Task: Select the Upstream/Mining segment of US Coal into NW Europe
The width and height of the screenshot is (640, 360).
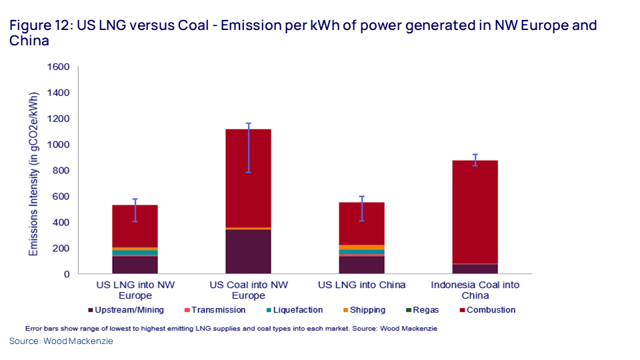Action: pyautogui.click(x=248, y=251)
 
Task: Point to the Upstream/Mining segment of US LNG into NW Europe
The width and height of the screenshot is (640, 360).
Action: pyautogui.click(x=135, y=265)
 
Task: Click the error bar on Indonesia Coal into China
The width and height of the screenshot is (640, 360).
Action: pyautogui.click(x=475, y=160)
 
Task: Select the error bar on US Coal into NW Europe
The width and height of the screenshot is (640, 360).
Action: pyautogui.click(x=248, y=148)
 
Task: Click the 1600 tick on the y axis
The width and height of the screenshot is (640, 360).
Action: pyautogui.click(x=59, y=67)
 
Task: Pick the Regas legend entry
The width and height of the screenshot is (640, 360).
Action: pyautogui.click(x=422, y=310)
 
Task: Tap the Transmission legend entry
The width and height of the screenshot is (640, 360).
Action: pyautogui.click(x=214, y=310)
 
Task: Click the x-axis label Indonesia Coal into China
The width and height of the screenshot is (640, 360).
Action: pyautogui.click(x=475, y=290)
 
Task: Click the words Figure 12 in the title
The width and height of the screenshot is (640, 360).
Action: pyautogui.click(x=40, y=26)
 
